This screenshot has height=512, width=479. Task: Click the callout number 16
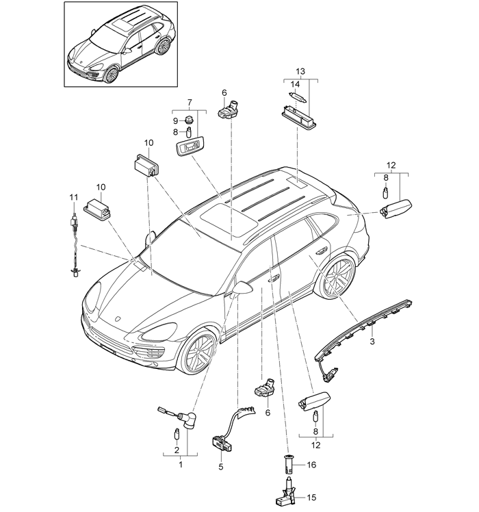(x=220, y=467)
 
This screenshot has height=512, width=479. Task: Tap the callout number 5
(x=220, y=467)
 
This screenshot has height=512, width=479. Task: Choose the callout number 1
(x=181, y=465)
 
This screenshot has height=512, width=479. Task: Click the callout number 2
(x=176, y=450)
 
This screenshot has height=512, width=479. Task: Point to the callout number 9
(x=176, y=120)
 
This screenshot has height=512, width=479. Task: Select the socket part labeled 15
(x=289, y=492)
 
